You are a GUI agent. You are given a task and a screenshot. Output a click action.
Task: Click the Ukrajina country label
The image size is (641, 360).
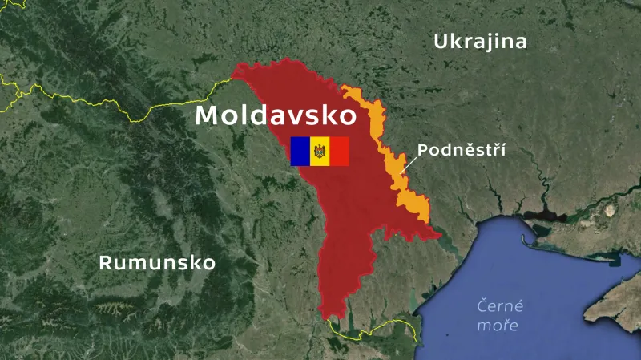pos(480,42)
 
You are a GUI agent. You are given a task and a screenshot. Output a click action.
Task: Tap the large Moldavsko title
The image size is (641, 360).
pos(276,115)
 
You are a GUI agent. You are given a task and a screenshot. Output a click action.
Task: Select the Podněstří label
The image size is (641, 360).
pos(462,149)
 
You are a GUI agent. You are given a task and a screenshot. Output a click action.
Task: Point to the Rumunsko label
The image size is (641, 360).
pos(157,263)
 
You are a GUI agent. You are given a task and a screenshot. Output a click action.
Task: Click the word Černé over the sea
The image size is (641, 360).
pos(500,306)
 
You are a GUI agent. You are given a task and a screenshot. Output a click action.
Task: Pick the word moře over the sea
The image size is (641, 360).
pos(498,326)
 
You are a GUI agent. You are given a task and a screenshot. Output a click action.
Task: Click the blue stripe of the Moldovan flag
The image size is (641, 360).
pos(300,151)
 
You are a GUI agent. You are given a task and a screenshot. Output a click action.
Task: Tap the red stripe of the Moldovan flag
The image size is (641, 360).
pos(340,151)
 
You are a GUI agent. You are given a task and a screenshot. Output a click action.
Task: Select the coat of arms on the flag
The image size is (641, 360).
pos(320,151)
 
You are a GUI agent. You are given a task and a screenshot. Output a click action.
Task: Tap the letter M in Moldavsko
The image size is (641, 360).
pos(208,115)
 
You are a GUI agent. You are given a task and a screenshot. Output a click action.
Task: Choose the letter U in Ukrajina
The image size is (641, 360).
pos(441,42)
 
